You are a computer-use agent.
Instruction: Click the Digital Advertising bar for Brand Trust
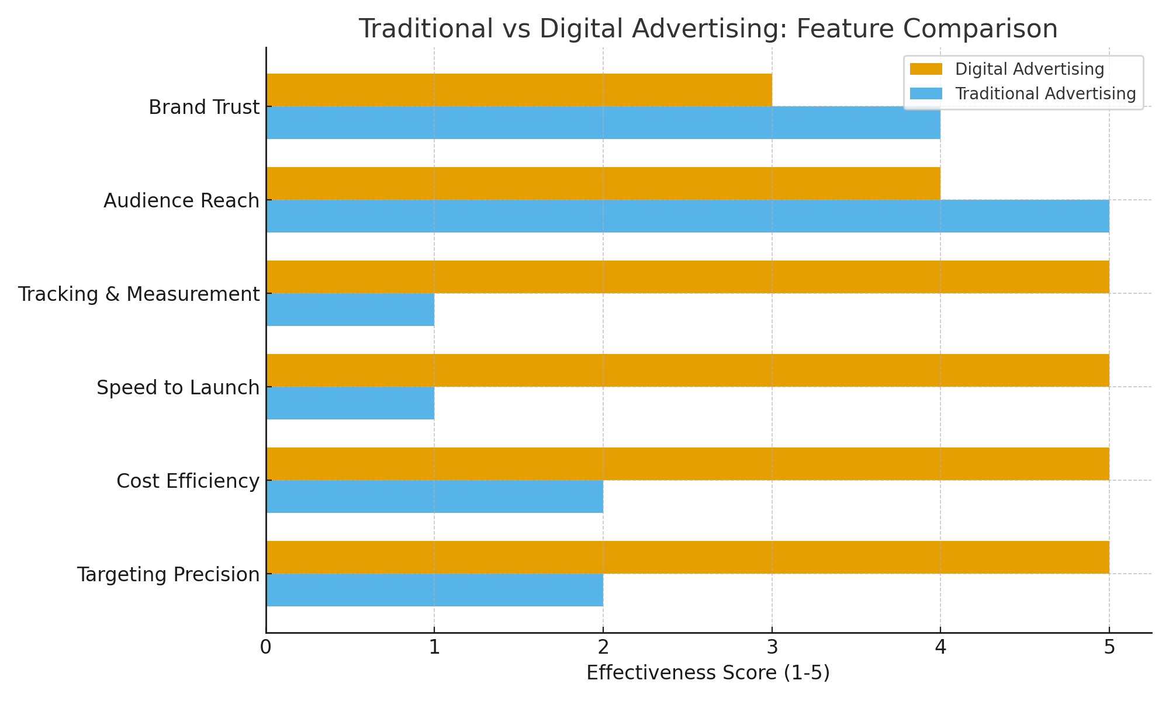(x=519, y=90)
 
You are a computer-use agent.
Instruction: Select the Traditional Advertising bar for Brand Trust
(x=603, y=123)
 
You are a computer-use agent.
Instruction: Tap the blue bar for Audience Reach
(x=687, y=216)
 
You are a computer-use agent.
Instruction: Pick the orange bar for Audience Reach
(x=603, y=183)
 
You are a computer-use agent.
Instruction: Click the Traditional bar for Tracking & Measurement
(x=350, y=310)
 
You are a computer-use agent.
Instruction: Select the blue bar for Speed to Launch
(x=350, y=403)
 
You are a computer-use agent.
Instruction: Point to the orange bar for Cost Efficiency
(x=687, y=464)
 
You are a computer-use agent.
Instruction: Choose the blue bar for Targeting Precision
(x=434, y=590)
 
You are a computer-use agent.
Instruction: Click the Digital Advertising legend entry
(x=1029, y=70)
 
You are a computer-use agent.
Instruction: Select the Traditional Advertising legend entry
(x=1045, y=94)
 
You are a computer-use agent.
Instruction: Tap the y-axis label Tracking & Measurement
(x=139, y=294)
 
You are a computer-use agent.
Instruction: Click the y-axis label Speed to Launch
(x=178, y=388)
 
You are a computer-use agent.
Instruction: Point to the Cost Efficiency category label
(x=188, y=481)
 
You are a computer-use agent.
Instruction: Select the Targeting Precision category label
(x=168, y=575)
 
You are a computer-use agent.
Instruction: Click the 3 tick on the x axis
(x=772, y=648)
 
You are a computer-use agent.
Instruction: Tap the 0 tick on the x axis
(x=266, y=648)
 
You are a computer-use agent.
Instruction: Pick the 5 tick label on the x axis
(x=1109, y=648)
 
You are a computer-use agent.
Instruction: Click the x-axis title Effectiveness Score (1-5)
(x=708, y=674)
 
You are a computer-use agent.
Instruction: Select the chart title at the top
(x=708, y=29)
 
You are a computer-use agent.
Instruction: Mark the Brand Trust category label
(x=204, y=107)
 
